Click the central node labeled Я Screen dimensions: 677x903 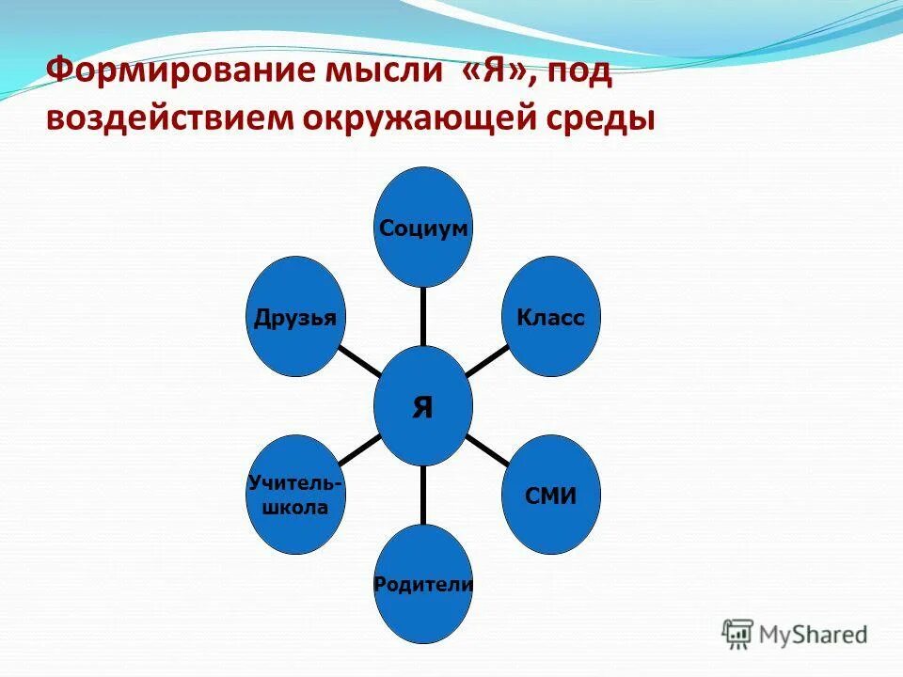(423, 405)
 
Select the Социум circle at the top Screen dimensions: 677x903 (423, 227)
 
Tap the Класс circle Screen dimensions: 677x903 (550, 317)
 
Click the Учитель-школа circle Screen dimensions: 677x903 (294, 495)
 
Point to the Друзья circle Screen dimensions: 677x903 (294, 317)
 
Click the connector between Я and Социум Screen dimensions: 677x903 (423, 315)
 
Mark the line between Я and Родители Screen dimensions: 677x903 (423, 495)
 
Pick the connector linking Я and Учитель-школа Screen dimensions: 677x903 (358, 450)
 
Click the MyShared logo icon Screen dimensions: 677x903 (738, 634)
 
